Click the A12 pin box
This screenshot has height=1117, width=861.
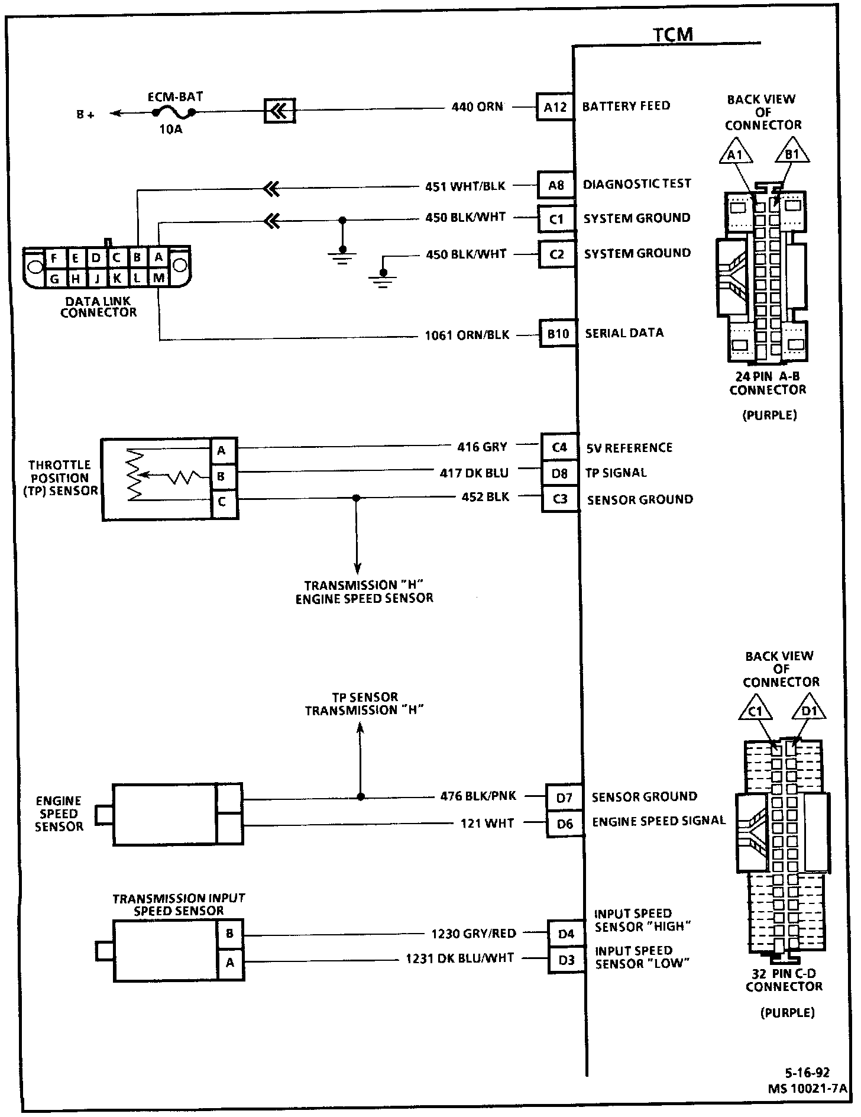click(x=555, y=107)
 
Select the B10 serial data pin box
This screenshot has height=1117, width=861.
click(x=557, y=334)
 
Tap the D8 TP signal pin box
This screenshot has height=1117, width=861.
click(x=559, y=473)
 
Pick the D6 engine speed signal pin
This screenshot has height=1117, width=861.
click(x=565, y=824)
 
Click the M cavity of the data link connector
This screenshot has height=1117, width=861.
click(x=158, y=277)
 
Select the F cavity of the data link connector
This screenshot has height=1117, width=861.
click(x=54, y=258)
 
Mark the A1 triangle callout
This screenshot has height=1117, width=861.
click(x=736, y=153)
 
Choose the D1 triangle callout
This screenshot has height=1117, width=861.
click(x=808, y=710)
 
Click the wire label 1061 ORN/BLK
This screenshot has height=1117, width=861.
click(x=467, y=335)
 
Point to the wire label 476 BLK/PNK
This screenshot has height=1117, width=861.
click(x=478, y=796)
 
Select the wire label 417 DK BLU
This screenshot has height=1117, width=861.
click(x=474, y=473)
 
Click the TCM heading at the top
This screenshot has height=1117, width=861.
click(x=673, y=34)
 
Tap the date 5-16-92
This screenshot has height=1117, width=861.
click(x=807, y=1073)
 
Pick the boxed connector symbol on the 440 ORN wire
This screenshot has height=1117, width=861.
click(x=279, y=110)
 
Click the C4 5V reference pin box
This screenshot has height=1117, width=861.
click(x=559, y=447)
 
